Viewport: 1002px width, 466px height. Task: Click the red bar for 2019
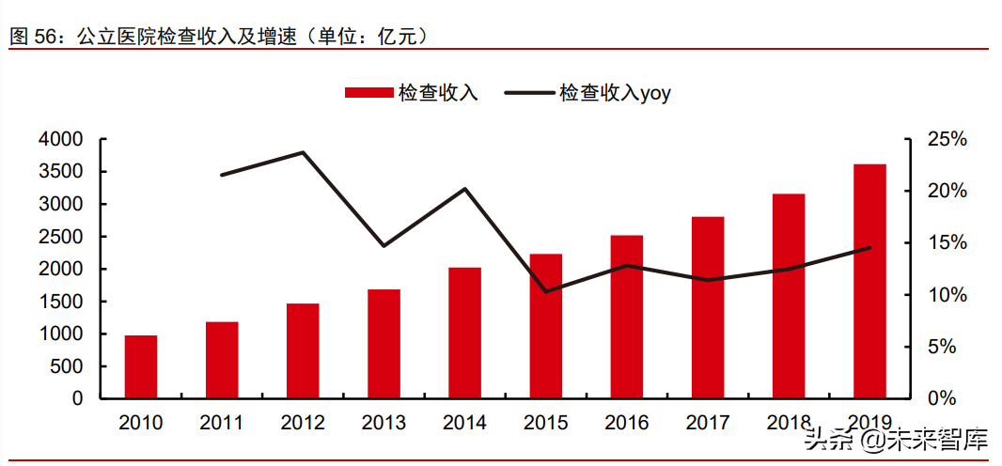[869, 281]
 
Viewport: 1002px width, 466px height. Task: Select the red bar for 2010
[141, 366]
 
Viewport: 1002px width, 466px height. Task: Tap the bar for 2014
[464, 333]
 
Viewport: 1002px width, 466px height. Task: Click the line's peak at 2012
[303, 152]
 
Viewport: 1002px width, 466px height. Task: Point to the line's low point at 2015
[546, 291]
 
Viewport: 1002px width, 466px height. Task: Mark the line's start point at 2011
[222, 175]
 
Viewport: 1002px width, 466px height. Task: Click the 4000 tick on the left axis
[62, 140]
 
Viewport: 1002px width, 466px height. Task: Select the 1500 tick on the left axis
[62, 302]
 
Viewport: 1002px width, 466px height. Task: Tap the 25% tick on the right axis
[947, 140]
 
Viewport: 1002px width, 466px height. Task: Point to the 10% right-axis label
[947, 295]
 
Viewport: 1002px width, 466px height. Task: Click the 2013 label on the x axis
[384, 423]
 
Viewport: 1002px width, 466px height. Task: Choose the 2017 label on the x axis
[708, 423]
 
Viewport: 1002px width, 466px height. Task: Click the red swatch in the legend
[368, 92]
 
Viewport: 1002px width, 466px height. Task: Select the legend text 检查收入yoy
[615, 92]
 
